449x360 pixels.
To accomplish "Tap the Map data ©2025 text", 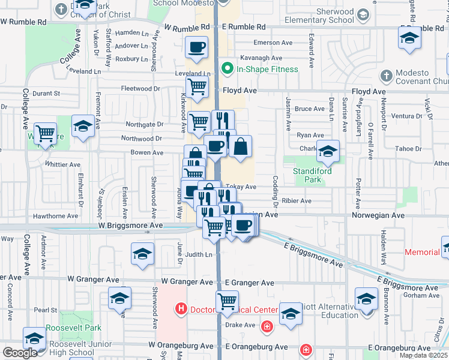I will pos(423,355).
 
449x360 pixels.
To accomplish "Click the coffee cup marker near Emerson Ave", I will pos(196,48).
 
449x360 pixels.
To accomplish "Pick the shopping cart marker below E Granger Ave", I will pos(227,302).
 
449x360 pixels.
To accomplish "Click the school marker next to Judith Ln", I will pos(142,254).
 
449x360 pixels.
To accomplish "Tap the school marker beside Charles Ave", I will pos(328,152).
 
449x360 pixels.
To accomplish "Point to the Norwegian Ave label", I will pos(374,214).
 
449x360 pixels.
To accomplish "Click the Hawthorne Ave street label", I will pos(56,216).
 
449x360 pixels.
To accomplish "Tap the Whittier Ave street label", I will pos(63,164).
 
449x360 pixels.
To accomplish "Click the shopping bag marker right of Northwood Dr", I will pos(240,147).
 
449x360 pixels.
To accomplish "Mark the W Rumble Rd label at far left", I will pos(23,22).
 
